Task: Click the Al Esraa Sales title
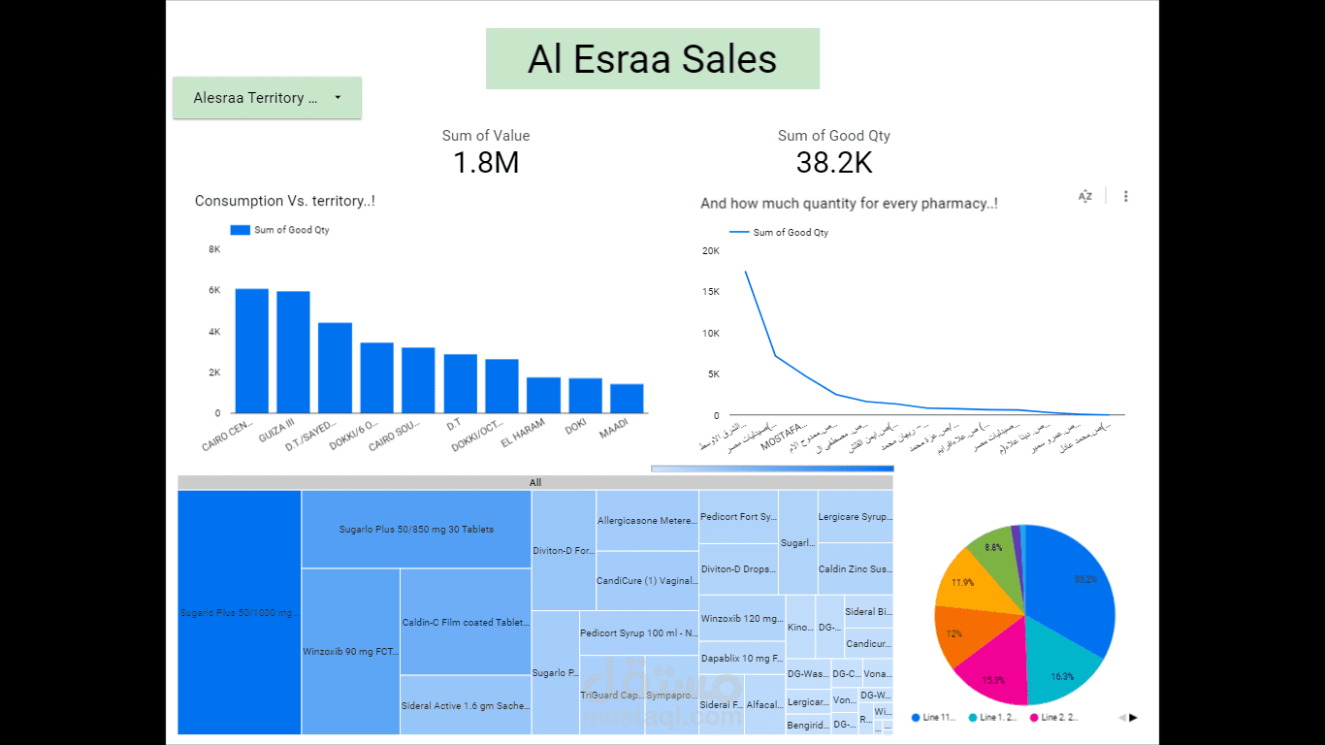point(652,59)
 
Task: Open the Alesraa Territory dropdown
point(267,98)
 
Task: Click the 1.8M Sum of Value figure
point(486,162)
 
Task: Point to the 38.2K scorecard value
point(834,163)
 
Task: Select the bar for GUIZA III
point(293,352)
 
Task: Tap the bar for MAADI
point(627,399)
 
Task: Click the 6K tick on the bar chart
point(214,290)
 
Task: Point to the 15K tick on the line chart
point(710,292)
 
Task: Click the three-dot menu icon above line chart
point(1126,196)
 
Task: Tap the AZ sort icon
point(1085,196)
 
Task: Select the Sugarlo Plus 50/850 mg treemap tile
point(416,530)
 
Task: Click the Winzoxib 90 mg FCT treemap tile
point(350,651)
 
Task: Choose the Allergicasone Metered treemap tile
point(647,521)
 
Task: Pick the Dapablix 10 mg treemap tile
point(742,658)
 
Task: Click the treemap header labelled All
point(535,482)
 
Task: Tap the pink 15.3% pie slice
point(994,674)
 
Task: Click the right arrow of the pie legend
point(1133,718)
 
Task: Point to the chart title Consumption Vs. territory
point(284,201)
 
